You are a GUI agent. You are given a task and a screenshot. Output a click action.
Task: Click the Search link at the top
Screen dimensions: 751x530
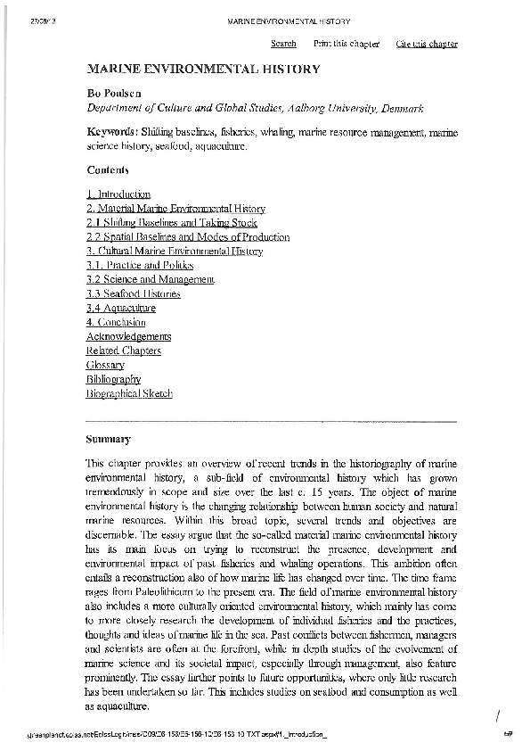(283, 44)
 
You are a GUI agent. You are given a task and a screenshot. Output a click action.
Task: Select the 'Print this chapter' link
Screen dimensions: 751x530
(347, 44)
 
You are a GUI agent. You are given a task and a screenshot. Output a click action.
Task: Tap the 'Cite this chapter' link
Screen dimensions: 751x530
(427, 44)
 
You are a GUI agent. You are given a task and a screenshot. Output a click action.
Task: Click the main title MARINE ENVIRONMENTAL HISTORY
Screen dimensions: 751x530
(203, 69)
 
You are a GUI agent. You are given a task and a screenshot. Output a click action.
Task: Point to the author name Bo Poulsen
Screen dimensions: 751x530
(113, 93)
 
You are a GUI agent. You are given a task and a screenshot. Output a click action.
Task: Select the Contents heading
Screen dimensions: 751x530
(108, 169)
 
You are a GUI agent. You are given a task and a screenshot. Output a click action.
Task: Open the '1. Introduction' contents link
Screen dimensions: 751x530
(118, 194)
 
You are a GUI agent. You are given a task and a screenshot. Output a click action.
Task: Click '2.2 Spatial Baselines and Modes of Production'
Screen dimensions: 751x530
(188, 237)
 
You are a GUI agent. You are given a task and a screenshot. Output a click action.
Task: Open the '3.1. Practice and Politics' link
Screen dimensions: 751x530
(140, 266)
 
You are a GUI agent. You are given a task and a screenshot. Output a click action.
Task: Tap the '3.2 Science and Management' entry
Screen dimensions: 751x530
(151, 280)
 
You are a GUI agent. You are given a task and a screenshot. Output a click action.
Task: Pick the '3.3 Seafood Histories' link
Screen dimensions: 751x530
(134, 293)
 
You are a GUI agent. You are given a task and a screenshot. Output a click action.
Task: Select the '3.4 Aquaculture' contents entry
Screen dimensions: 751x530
(115, 308)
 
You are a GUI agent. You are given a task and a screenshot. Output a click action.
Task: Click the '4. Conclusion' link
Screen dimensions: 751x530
(116, 322)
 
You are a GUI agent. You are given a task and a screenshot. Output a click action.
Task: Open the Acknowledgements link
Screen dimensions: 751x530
(129, 336)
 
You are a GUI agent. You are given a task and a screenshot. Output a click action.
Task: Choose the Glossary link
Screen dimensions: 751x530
(105, 365)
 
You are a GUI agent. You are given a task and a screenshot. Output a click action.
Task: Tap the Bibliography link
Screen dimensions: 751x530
(113, 379)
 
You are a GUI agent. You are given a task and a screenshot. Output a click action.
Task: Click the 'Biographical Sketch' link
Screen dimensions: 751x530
(129, 393)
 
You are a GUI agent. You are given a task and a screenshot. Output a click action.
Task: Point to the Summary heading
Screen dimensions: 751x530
(109, 439)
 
